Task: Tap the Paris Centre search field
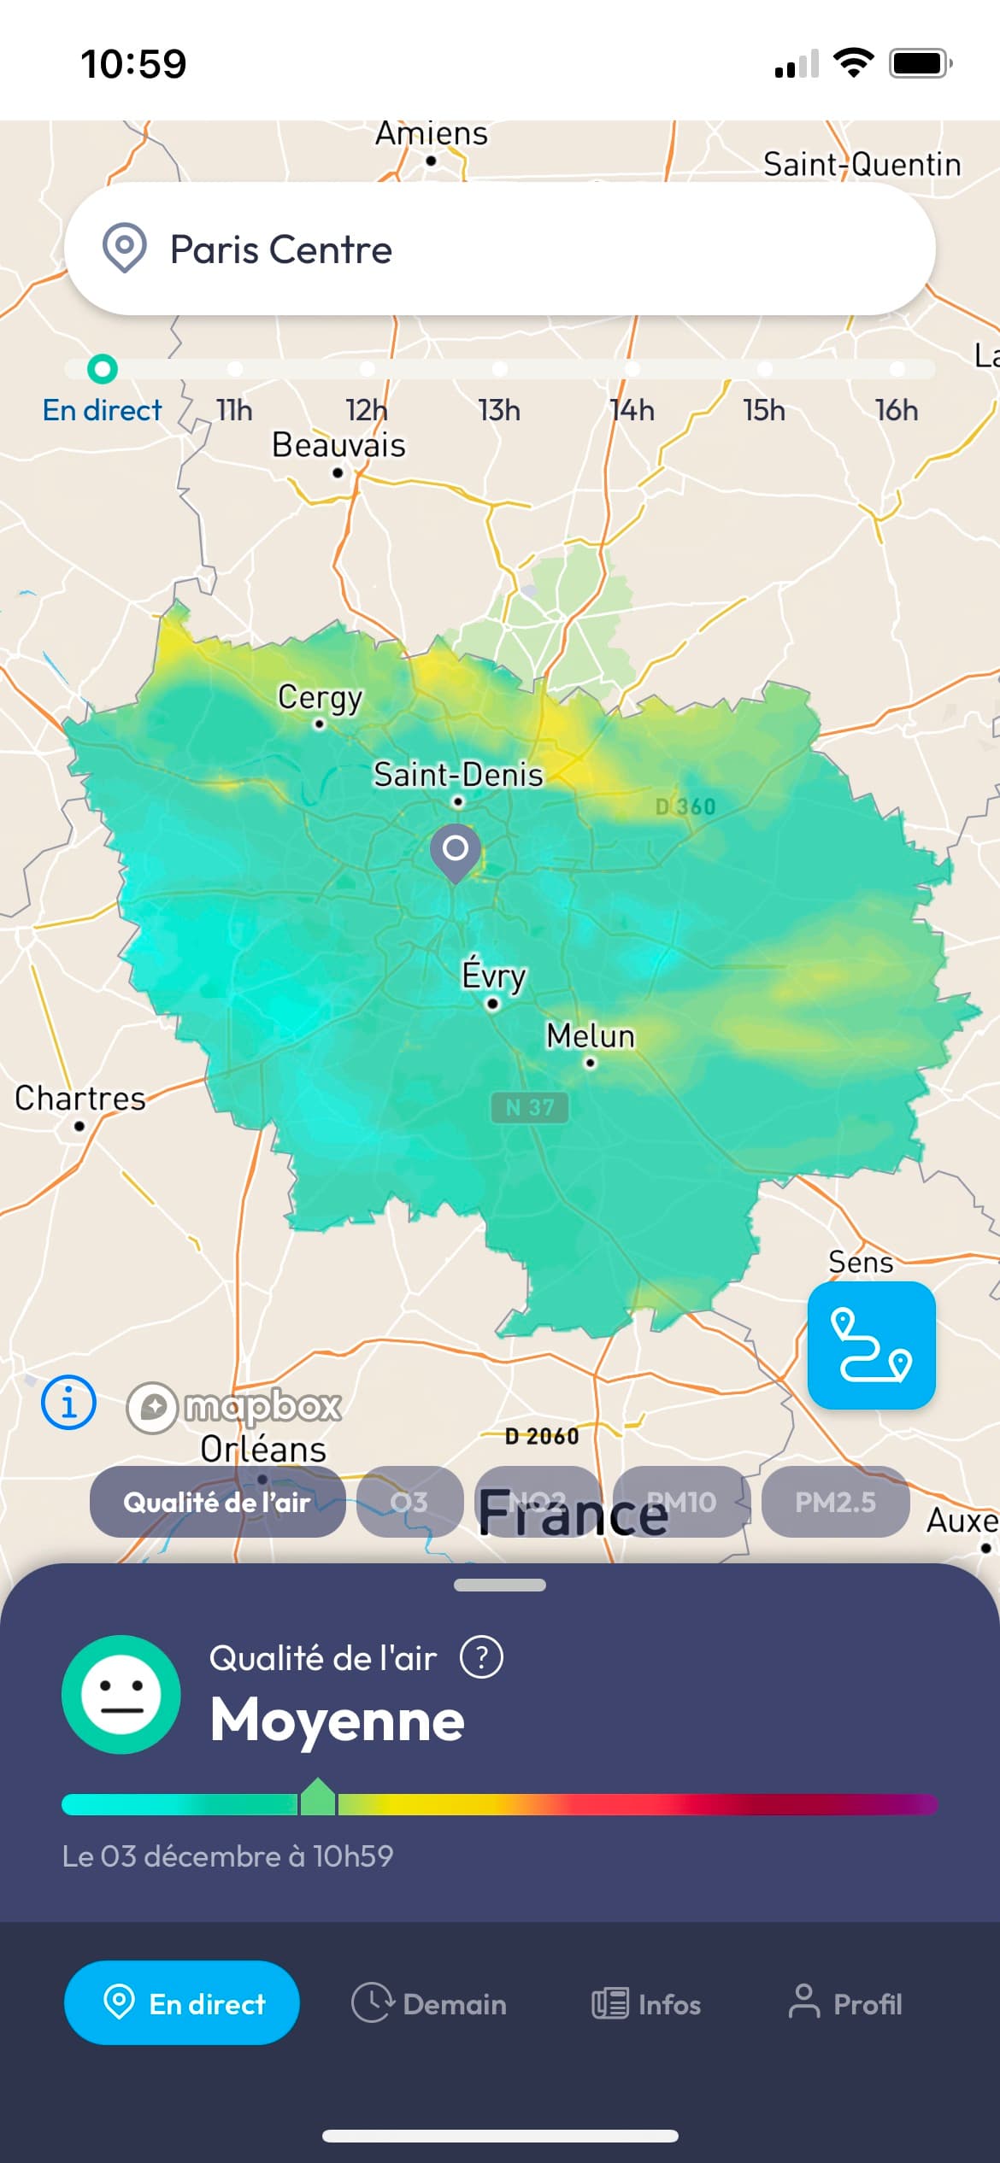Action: (500, 249)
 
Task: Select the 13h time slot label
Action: (499, 411)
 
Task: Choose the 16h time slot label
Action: (897, 411)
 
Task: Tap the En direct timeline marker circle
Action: (103, 369)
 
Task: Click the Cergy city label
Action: (321, 698)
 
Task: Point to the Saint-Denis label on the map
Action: (458, 776)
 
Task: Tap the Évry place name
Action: (494, 975)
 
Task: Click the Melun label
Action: (591, 1036)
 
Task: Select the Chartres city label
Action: (80, 1099)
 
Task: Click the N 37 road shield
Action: (530, 1108)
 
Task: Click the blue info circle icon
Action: (68, 1402)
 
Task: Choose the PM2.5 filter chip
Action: (835, 1503)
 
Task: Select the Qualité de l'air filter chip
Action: (217, 1503)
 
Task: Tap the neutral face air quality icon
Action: (121, 1694)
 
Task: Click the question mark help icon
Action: (482, 1658)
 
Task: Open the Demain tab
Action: (429, 2003)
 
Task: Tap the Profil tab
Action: (844, 2003)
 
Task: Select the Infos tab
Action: (646, 2003)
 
